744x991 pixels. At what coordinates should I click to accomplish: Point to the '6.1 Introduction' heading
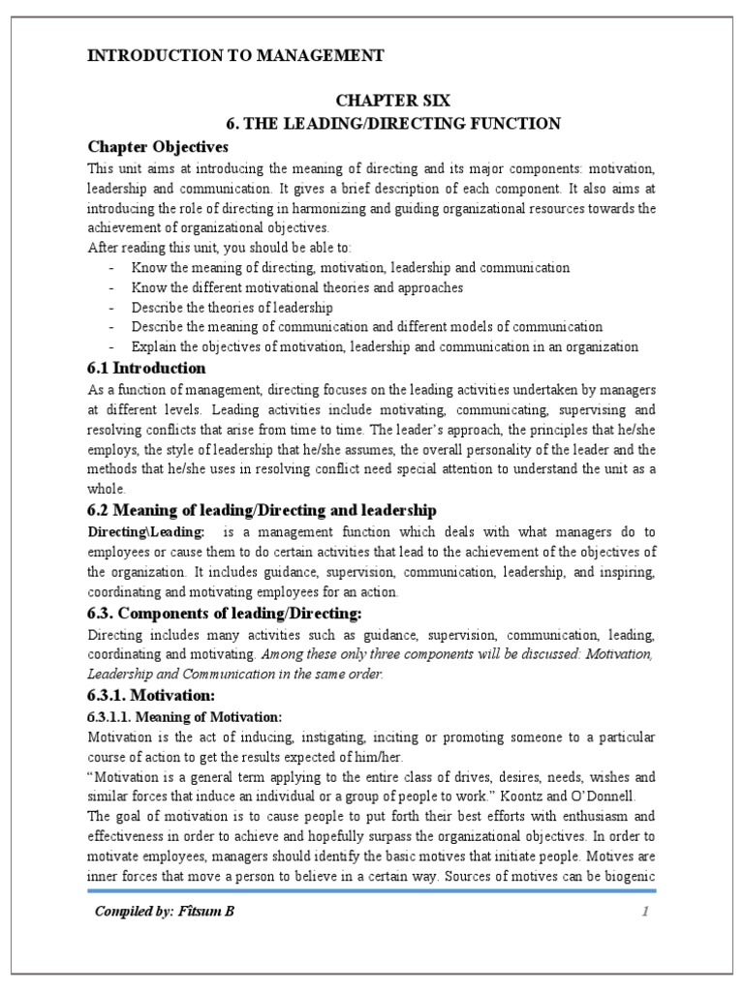coord(146,368)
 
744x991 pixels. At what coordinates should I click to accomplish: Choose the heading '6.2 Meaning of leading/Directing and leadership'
coord(262,509)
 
